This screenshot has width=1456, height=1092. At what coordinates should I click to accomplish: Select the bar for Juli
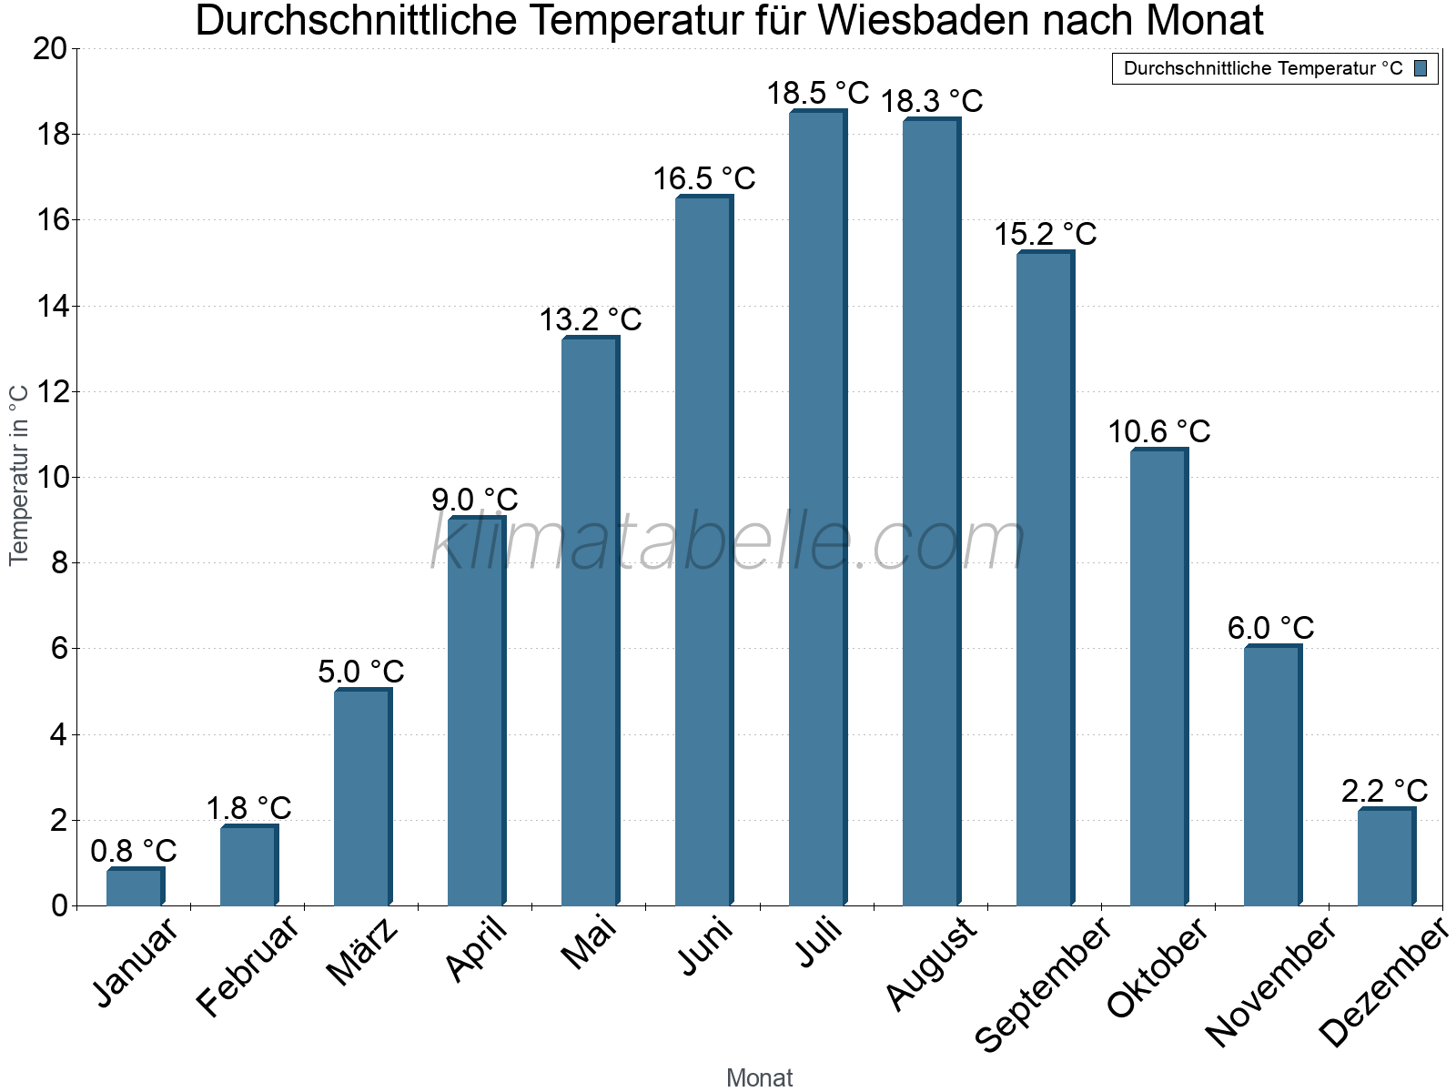pos(817,510)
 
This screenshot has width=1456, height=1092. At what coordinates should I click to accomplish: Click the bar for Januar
pos(135,887)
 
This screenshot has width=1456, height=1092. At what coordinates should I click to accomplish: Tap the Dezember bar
pos(1386,857)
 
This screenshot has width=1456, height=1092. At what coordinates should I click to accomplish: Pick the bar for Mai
pos(590,623)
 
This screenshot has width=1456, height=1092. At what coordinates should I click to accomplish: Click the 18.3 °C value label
pos(931,101)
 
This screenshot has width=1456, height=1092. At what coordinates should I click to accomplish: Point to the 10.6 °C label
pos(1158,431)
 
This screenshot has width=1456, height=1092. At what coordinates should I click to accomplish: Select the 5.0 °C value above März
pos(361,672)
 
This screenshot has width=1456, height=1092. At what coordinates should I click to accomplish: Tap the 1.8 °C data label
pos(248,808)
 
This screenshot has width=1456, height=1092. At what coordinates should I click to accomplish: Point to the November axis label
pos(1272,981)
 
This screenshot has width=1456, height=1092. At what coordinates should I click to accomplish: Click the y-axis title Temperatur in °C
pos(19,475)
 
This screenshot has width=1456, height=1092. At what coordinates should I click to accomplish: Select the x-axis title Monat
pos(760,1077)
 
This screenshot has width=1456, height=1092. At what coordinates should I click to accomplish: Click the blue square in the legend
pos(1421,68)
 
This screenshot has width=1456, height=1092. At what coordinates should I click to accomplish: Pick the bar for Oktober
pos(1158,678)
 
